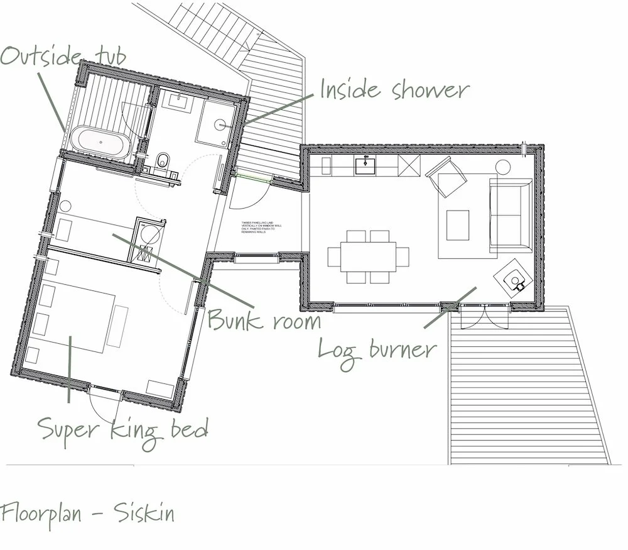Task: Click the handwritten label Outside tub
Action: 63,56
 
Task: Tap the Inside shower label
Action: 394,90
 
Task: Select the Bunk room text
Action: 264,320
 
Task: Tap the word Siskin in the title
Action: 144,514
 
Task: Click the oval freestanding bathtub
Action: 100,141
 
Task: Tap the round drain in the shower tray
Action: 220,124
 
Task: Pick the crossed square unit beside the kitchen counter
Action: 409,167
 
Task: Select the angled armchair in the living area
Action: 447,177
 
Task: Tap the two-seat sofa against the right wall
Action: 510,216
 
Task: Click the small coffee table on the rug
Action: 458,225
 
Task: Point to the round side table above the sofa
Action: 503,167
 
